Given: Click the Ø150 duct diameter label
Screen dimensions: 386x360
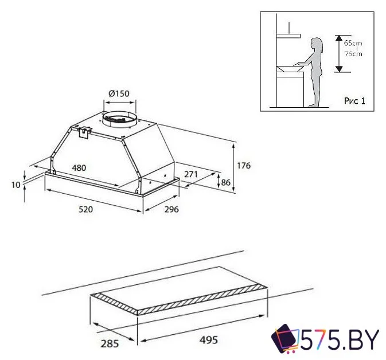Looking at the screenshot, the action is (119, 93).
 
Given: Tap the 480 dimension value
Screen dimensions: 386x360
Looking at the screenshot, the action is (79, 168).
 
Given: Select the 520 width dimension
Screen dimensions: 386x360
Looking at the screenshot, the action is (85, 209).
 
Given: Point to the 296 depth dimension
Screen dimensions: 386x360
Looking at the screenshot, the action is (171, 209).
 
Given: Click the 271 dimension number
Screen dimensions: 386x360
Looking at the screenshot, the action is (191, 174).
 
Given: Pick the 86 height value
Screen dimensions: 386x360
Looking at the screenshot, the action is (226, 183).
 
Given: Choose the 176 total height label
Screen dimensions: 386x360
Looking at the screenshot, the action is (244, 166).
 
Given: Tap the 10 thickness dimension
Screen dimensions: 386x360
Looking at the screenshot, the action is (15, 185).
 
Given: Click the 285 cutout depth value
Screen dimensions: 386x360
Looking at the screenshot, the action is (110, 343).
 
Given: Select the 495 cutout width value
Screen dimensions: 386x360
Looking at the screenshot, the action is (209, 340).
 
